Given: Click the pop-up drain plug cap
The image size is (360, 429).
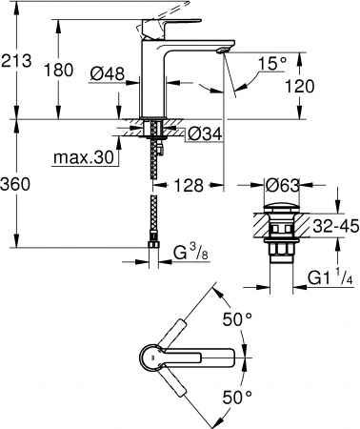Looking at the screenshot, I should click(283, 207).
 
